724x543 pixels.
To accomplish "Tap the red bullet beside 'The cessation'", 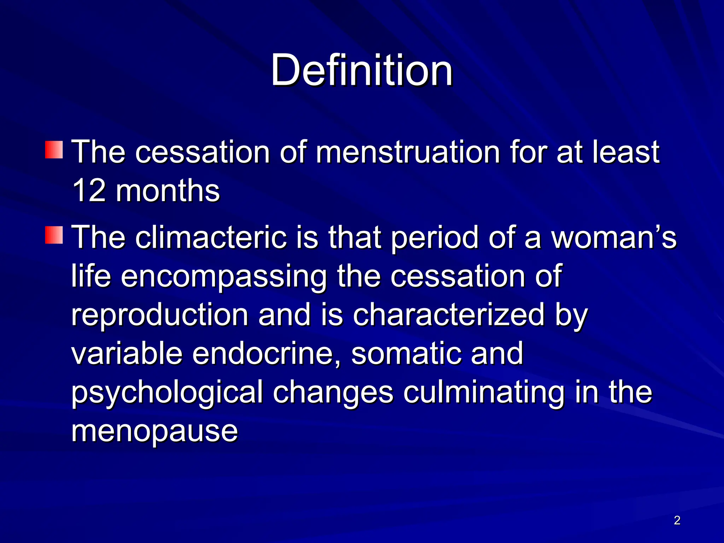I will (x=54, y=150).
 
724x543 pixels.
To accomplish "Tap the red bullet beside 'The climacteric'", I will (x=54, y=235).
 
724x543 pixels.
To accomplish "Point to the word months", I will (x=168, y=191).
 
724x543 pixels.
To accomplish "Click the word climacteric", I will (x=211, y=237).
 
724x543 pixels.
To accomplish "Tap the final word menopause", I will (x=154, y=431).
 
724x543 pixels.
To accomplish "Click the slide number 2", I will (x=677, y=520).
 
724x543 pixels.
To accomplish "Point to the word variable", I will (x=127, y=354).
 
